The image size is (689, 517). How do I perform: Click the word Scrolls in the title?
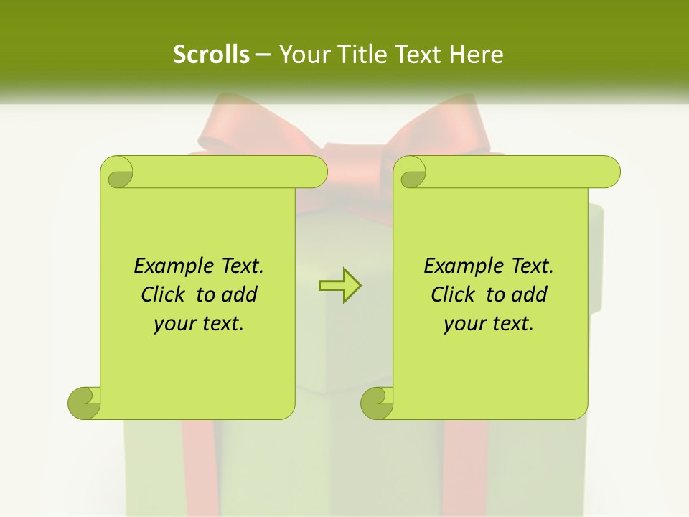211,55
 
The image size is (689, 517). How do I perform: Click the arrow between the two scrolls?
339,286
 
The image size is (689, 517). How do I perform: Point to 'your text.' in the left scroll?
198,323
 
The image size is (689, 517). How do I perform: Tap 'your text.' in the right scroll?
488,323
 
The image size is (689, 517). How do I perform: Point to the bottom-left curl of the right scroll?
378,402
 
